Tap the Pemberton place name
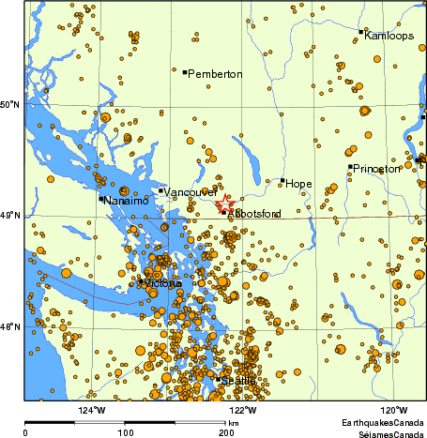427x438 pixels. point(215,74)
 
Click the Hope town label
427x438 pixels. point(298,184)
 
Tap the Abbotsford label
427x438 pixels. point(254,215)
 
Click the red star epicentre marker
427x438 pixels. point(224,202)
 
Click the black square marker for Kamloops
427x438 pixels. point(361,32)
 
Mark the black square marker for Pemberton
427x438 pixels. point(185,71)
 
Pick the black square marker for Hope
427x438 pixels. point(282,180)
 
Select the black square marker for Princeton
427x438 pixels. point(351,167)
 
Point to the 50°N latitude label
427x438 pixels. point(10,104)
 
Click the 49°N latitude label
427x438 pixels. point(10,216)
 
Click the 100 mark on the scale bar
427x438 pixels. point(125,432)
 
